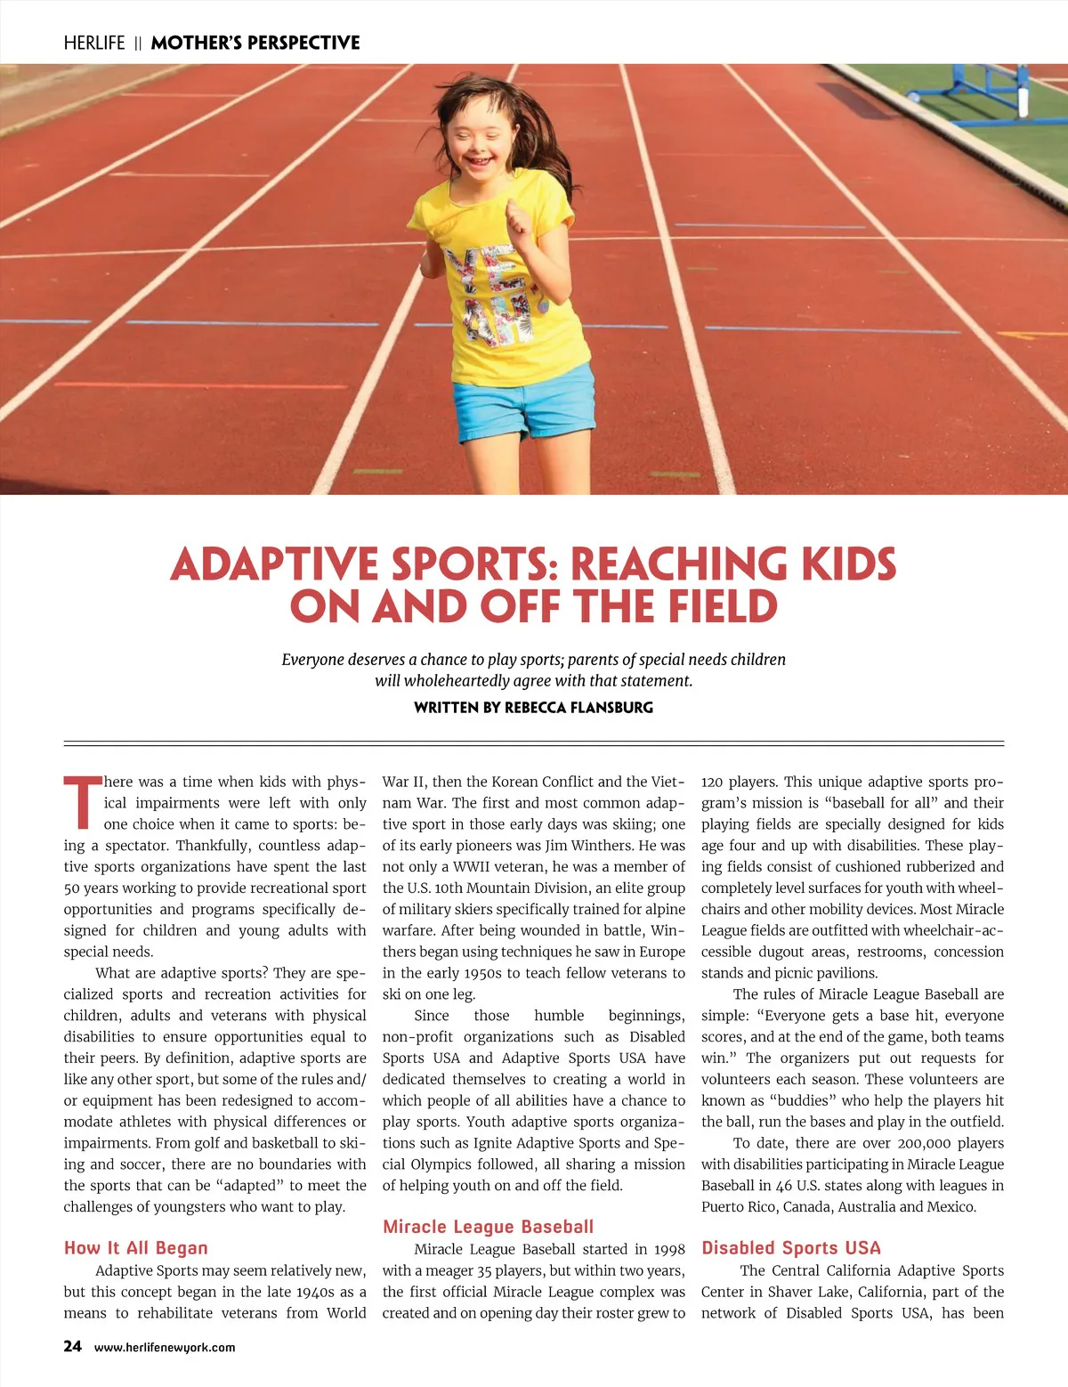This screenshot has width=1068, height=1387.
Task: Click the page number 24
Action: [72, 1346]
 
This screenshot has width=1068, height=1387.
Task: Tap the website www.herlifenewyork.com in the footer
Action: [165, 1347]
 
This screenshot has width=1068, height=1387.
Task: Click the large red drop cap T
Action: [82, 801]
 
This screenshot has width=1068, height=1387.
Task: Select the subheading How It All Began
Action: [135, 1247]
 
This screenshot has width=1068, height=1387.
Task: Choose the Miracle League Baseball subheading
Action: [488, 1226]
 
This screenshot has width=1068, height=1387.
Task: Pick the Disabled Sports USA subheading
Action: [790, 1247]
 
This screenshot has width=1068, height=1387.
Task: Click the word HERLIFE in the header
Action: [94, 43]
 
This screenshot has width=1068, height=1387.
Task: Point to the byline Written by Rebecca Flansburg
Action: [533, 708]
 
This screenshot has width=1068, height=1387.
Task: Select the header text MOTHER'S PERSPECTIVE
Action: [255, 43]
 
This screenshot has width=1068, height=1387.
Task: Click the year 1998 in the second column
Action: [669, 1249]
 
